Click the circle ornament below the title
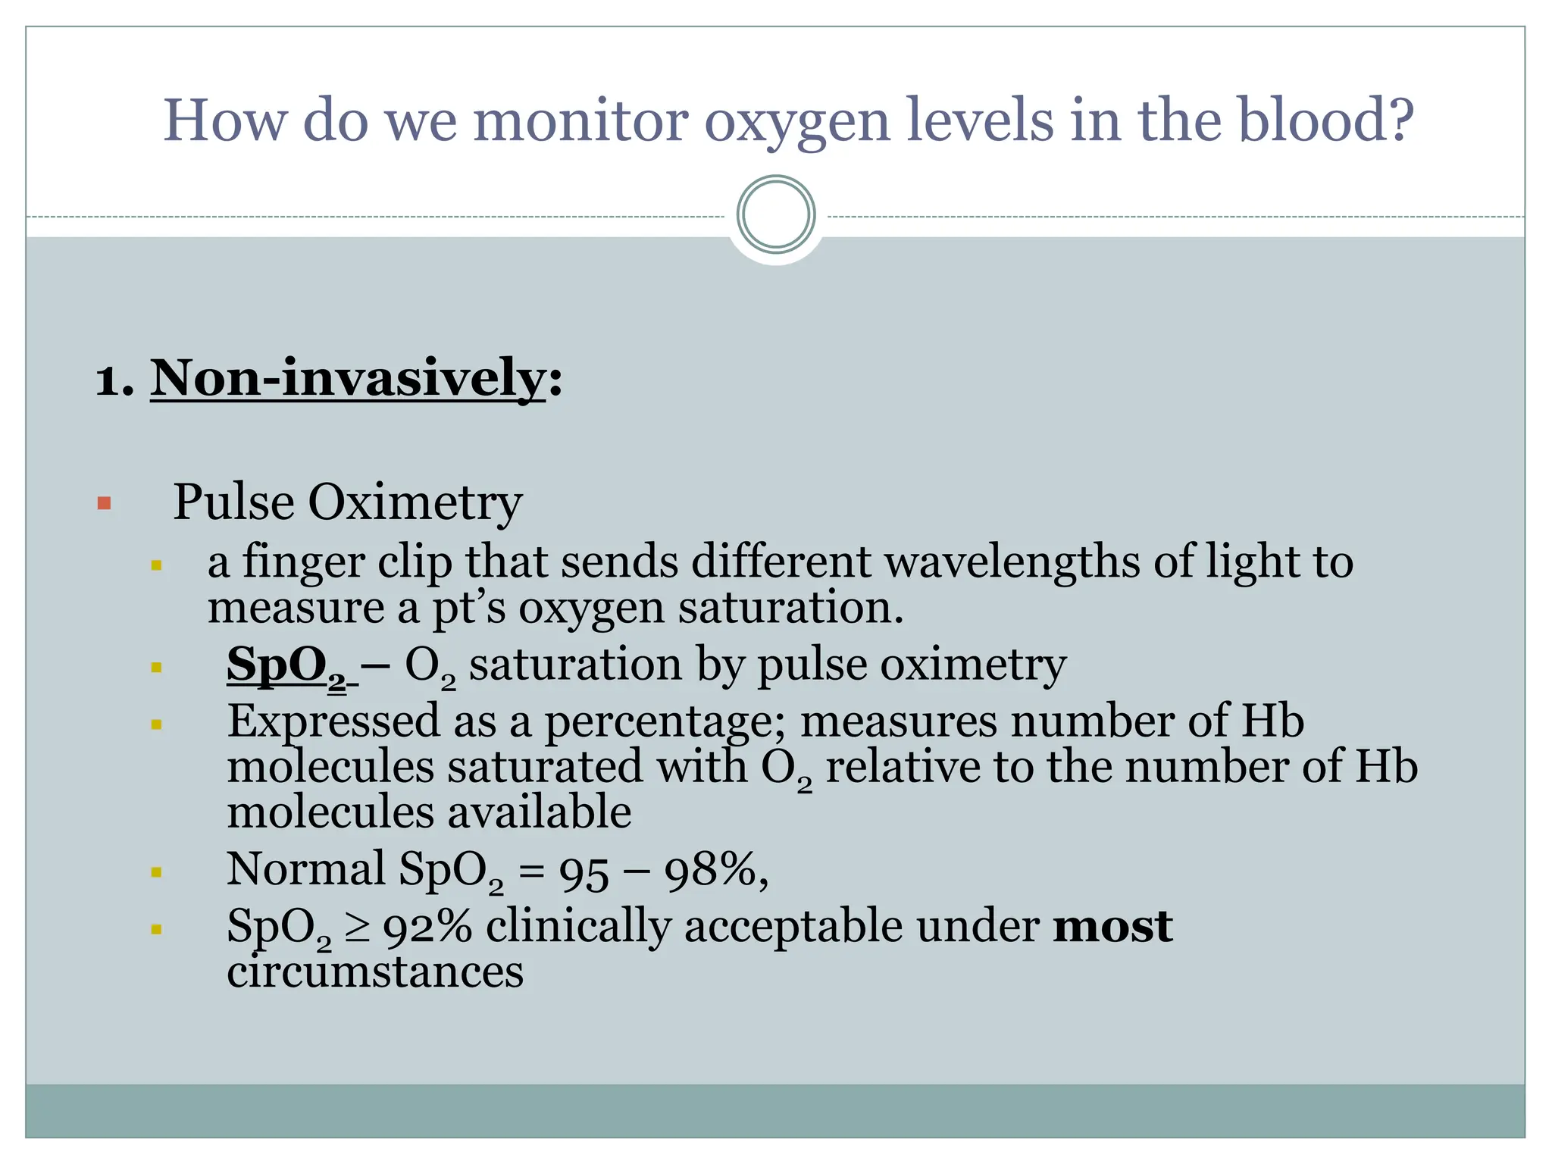click(x=775, y=214)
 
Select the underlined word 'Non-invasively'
click(x=348, y=378)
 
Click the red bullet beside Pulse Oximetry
click(x=105, y=503)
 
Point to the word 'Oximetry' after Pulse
click(x=415, y=502)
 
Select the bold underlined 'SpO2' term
click(x=286, y=666)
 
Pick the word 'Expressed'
click(x=333, y=721)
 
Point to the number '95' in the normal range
click(x=584, y=871)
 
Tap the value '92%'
click(x=427, y=928)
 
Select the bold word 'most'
click(x=1112, y=926)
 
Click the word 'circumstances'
click(x=375, y=972)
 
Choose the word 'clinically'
click(x=578, y=928)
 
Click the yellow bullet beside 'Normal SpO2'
click(x=157, y=872)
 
